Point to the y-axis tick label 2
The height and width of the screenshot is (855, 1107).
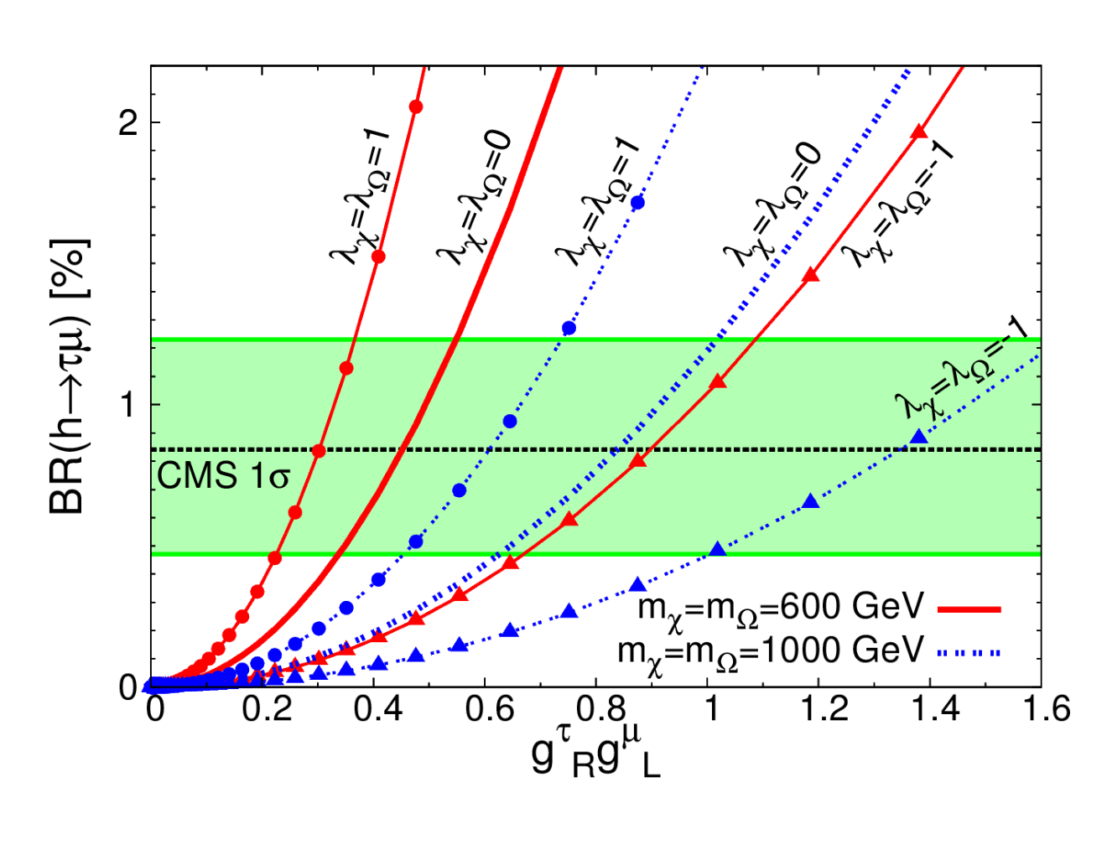128,122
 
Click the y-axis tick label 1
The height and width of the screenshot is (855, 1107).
127,404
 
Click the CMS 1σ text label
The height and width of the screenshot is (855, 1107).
223,476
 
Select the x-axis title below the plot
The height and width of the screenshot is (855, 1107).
595,757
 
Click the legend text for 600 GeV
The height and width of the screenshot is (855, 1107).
780,610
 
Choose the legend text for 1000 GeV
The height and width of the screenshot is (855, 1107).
770,654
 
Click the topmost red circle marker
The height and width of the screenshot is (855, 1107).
416,107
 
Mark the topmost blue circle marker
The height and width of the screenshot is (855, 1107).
638,203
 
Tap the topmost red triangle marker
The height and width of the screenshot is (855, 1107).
919,131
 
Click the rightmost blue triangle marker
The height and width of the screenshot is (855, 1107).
919,436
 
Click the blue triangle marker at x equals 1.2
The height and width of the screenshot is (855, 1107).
810,501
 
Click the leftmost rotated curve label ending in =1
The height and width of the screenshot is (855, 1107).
360,196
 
